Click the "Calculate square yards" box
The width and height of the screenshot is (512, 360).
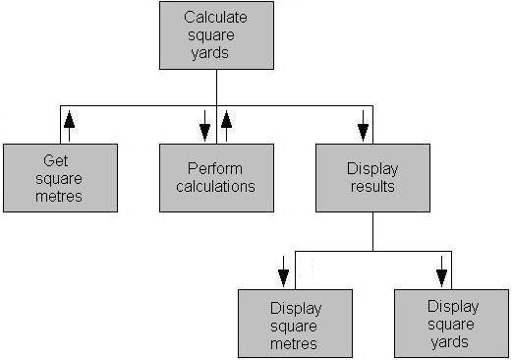click(216, 34)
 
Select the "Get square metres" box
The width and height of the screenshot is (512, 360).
click(60, 178)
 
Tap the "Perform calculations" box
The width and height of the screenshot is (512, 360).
click(216, 178)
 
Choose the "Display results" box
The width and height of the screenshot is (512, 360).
click(372, 178)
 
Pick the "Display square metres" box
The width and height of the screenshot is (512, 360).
click(295, 324)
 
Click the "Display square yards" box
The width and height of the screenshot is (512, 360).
click(452, 324)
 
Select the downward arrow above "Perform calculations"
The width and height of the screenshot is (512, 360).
click(205, 125)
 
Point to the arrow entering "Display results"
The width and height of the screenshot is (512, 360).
click(363, 125)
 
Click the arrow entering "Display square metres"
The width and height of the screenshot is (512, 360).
click(284, 270)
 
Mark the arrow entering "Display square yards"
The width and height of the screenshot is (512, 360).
click(441, 270)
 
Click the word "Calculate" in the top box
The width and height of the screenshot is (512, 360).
click(216, 18)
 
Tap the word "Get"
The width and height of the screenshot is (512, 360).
click(55, 160)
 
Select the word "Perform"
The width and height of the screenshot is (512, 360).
click(215, 169)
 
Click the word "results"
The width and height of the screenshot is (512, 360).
click(372, 186)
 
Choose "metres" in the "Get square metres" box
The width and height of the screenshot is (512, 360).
click(60, 196)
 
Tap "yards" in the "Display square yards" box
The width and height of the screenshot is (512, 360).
click(451, 341)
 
